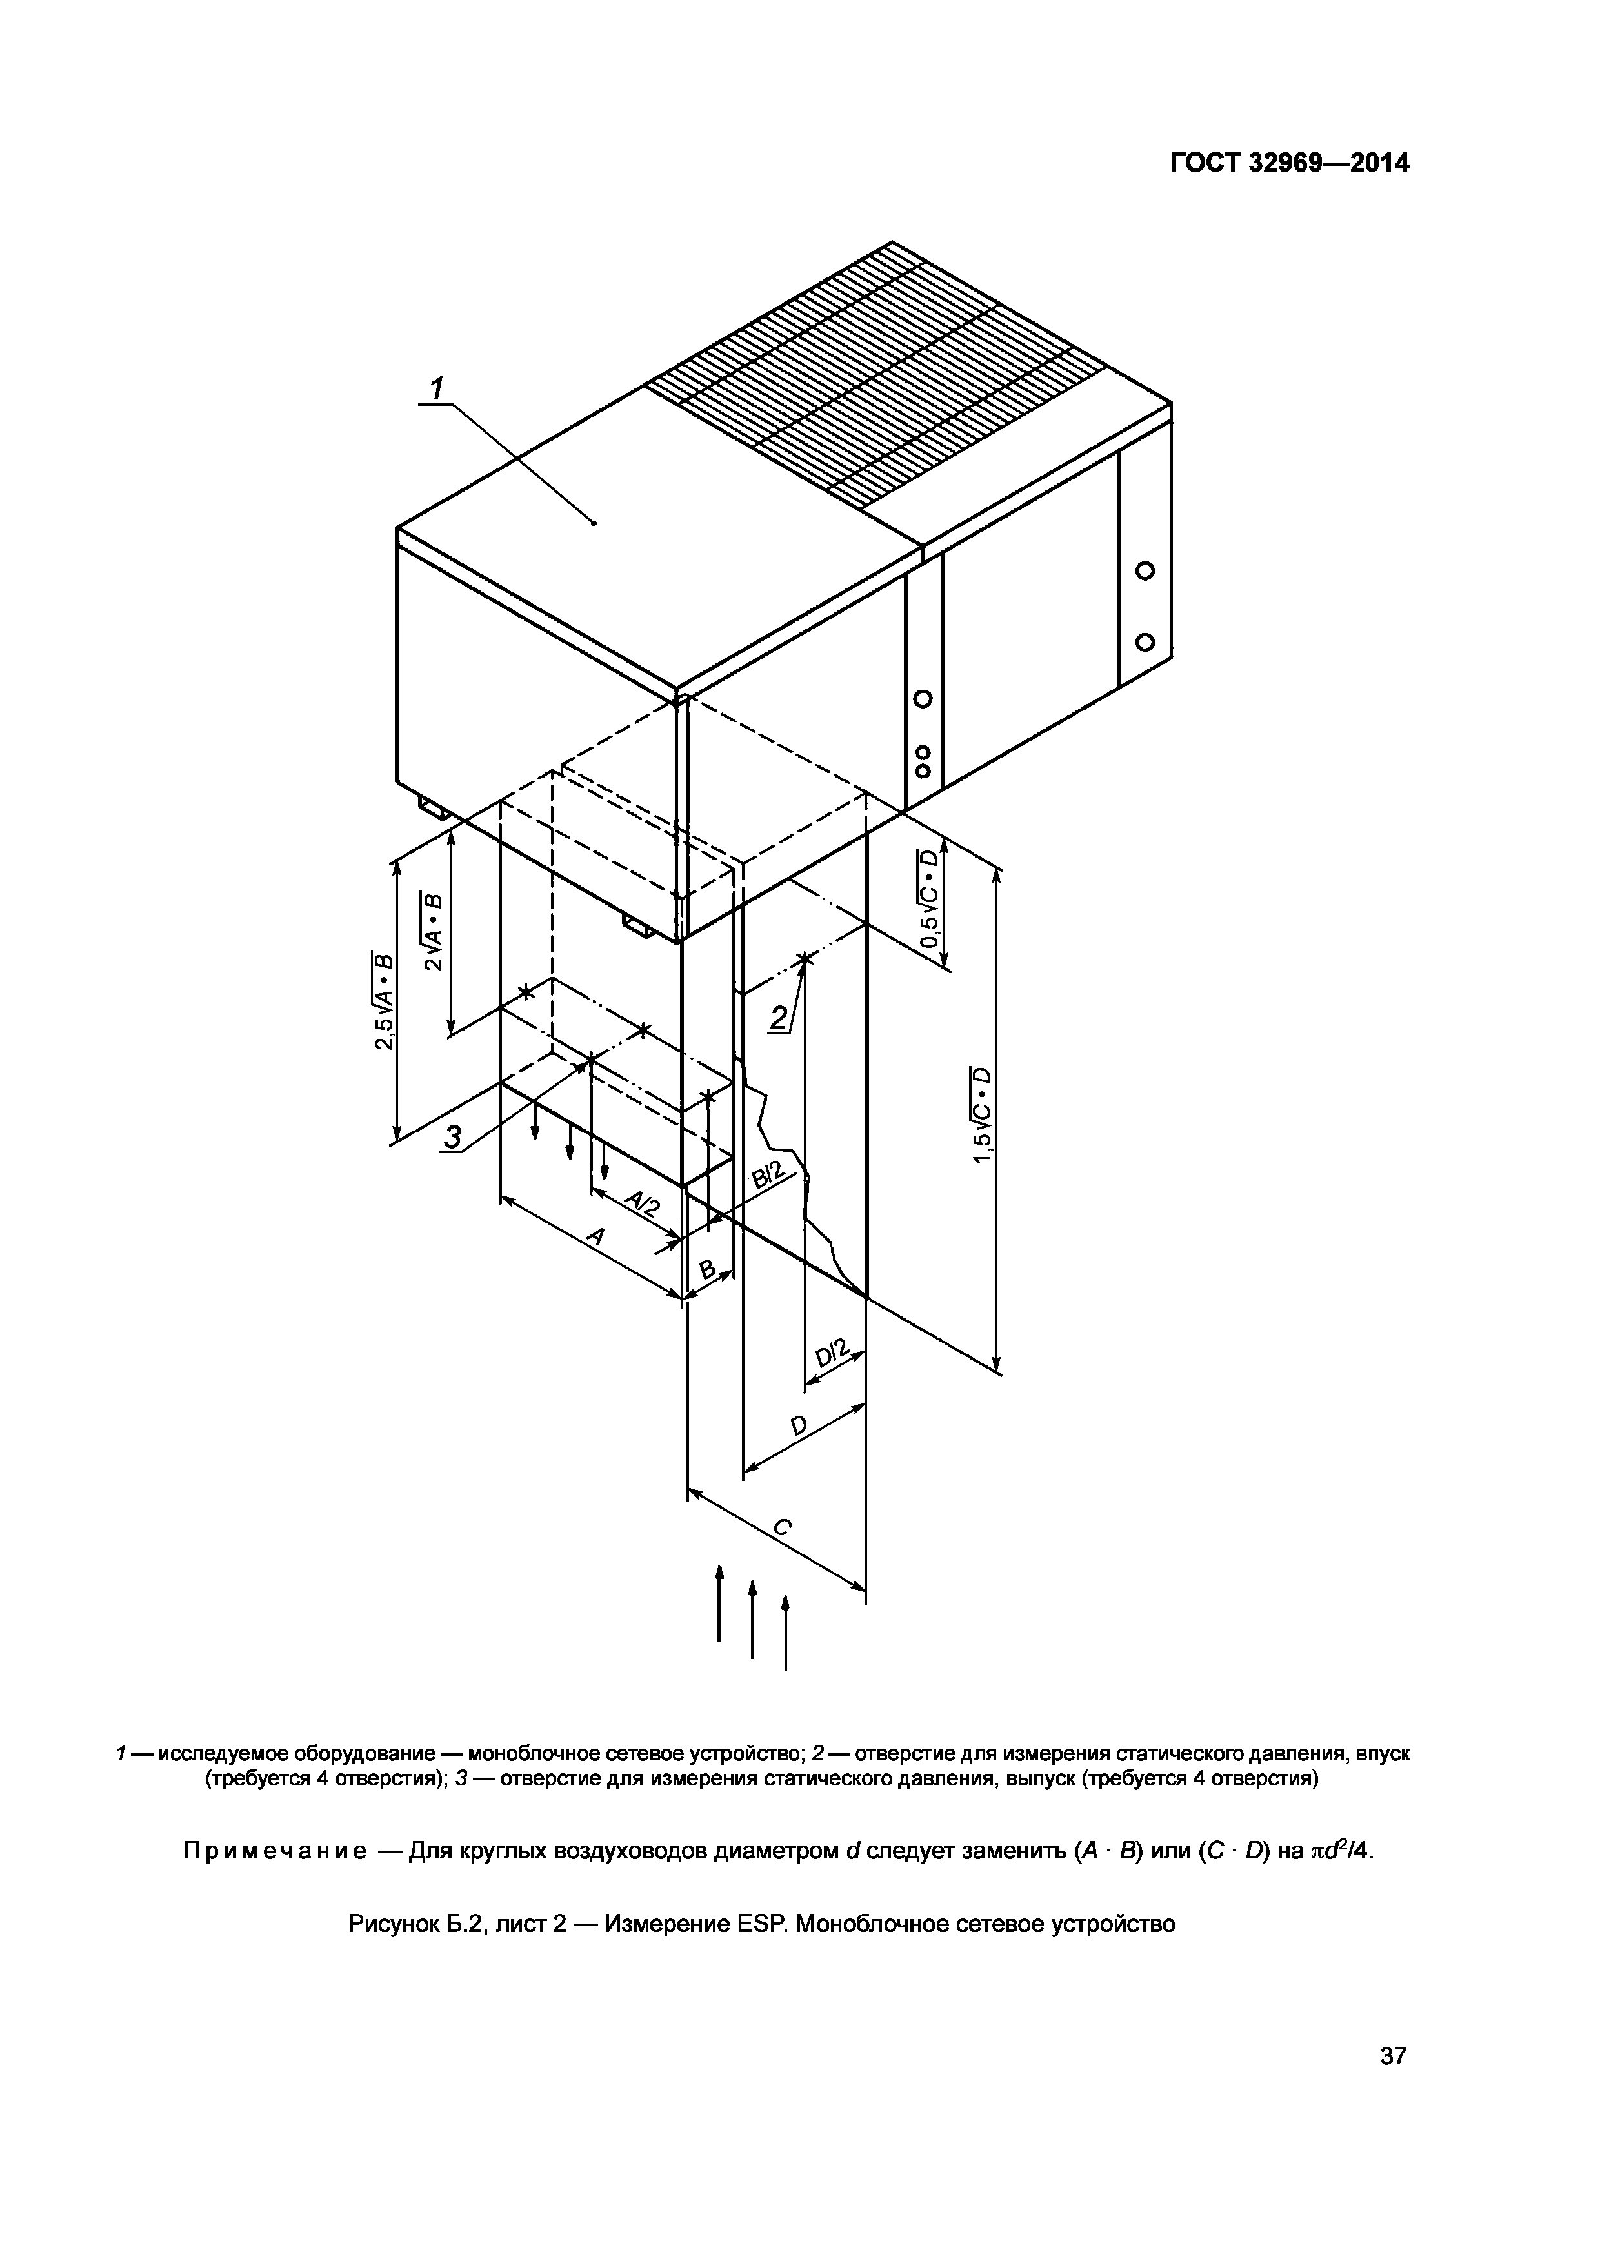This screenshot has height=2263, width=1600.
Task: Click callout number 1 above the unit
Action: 437,387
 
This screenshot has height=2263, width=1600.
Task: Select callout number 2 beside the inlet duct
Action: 779,1017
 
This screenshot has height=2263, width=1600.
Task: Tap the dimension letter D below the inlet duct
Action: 799,1425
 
